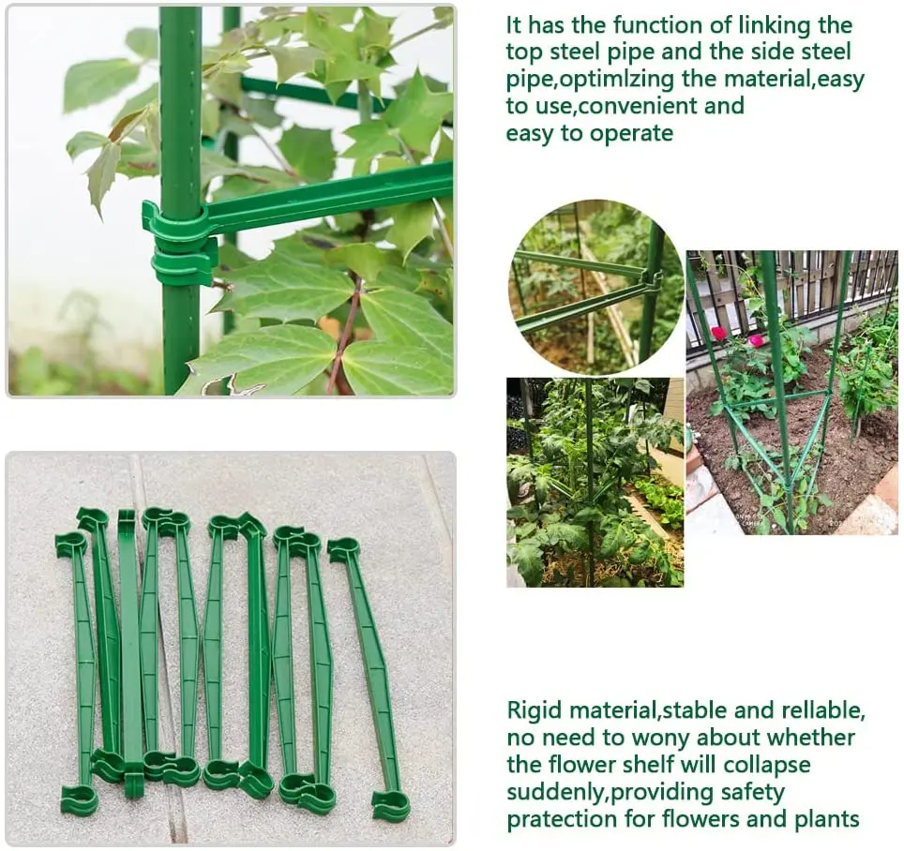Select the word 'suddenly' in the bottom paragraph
(555, 792)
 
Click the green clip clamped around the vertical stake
(180, 246)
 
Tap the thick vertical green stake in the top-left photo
(180, 112)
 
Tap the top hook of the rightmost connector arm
(343, 549)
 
